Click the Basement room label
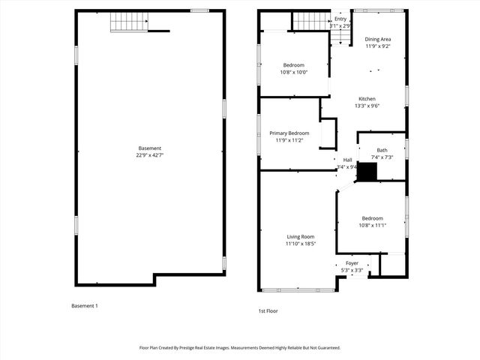click(149, 148)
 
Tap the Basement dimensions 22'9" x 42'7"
click(149, 155)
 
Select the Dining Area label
click(377, 39)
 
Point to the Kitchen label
click(367, 99)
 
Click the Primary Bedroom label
click(289, 133)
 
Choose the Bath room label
click(382, 150)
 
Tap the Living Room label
click(300, 237)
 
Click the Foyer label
click(352, 263)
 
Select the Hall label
click(348, 160)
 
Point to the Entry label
click(340, 19)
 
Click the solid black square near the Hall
click(365, 172)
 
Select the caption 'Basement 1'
click(84, 306)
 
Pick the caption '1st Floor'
click(268, 310)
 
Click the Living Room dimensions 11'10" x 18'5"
click(300, 244)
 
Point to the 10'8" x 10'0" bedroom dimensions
click(294, 72)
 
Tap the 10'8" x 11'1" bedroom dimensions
click(371, 225)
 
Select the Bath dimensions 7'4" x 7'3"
click(382, 157)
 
